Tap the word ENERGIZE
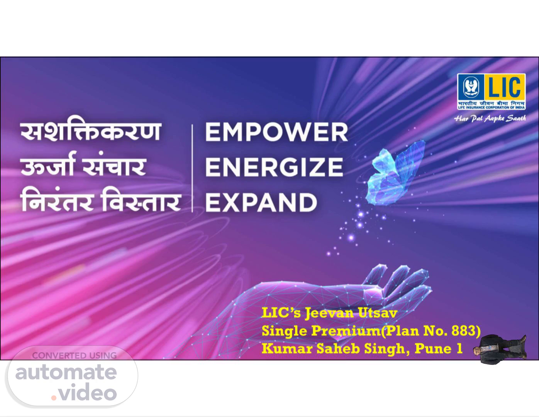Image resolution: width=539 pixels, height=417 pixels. point(274,167)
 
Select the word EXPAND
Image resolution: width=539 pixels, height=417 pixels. point(261,202)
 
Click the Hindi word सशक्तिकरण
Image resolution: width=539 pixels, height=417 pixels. point(91,132)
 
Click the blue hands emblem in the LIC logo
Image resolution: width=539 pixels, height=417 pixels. point(471,87)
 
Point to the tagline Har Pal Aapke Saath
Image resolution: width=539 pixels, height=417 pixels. point(490,119)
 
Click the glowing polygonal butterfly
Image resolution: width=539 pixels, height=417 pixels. point(394,173)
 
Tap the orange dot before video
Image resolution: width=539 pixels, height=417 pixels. point(54,398)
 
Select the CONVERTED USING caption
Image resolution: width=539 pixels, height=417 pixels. point(75,356)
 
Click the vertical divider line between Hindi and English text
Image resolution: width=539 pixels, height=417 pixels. point(192,168)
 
